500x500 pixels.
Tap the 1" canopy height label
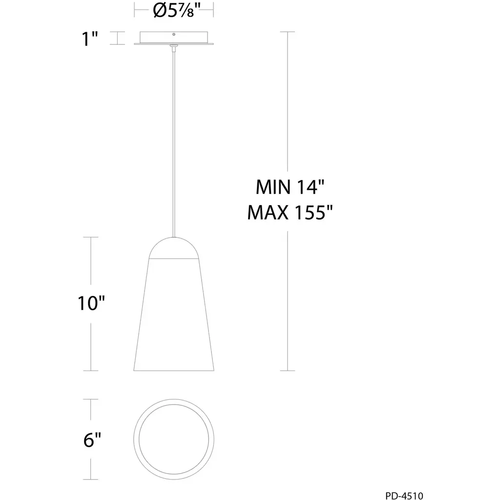pos(90,39)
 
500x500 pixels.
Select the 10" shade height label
pos(91,303)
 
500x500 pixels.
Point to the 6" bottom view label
pos(92,440)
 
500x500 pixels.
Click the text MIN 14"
pos(290,187)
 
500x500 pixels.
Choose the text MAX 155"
pos(290,212)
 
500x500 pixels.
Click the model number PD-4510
pos(404,496)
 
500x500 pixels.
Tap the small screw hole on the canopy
pos(174,35)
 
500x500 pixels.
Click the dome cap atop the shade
pos(174,248)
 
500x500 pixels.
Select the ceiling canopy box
pos(174,38)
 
